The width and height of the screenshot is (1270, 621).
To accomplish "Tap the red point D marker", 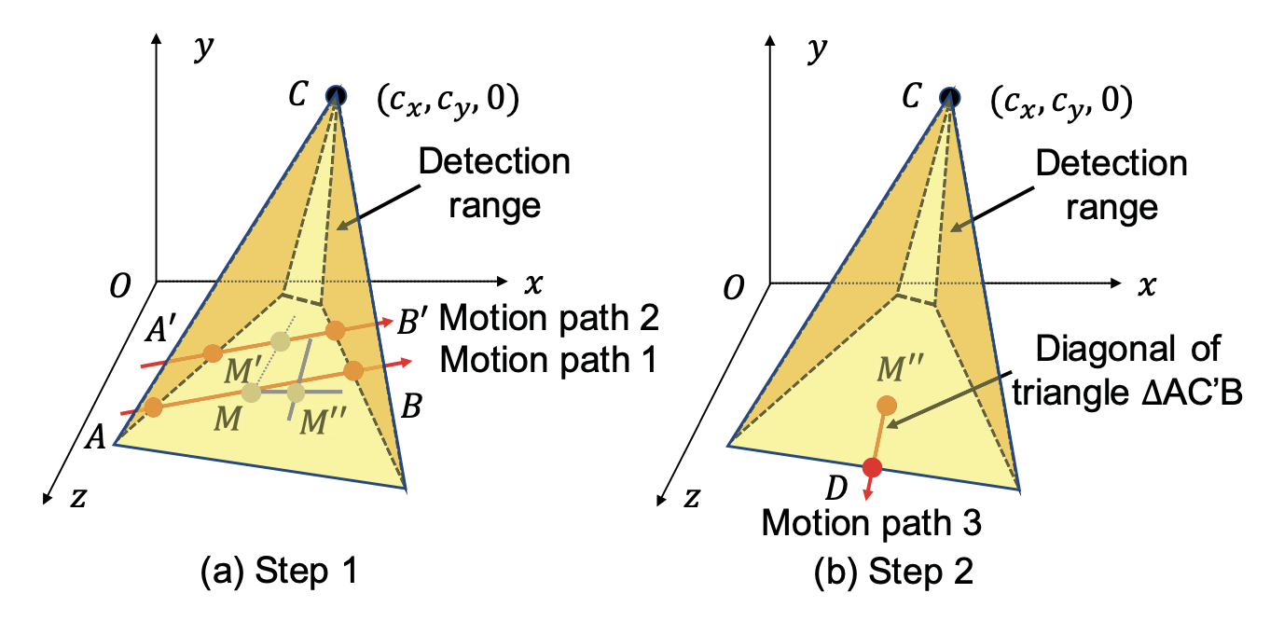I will tap(872, 467).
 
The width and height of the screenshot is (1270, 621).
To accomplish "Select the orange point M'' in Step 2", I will tap(887, 406).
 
